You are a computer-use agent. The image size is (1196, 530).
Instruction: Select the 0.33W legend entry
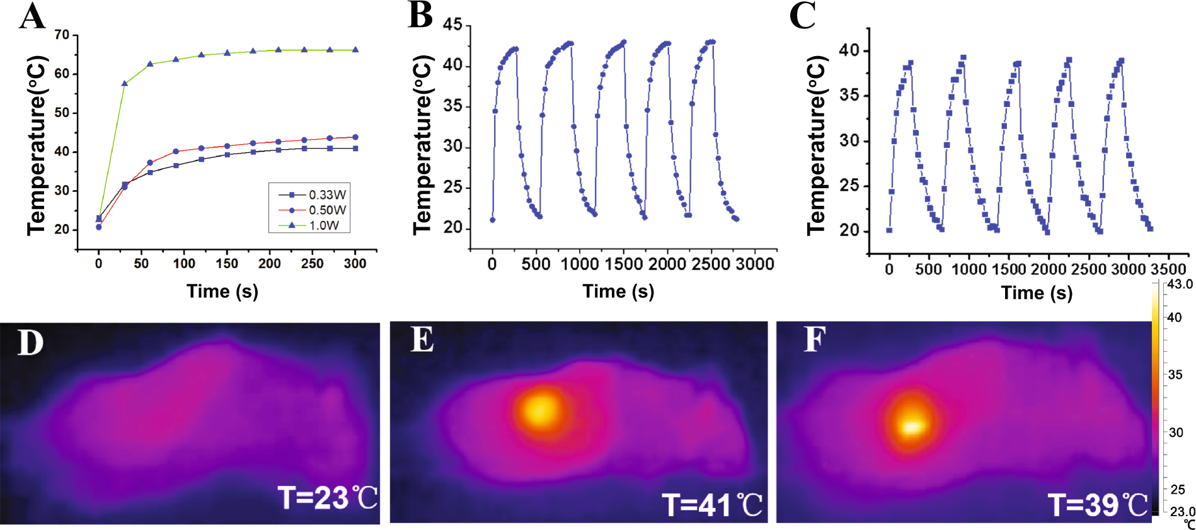tap(326, 195)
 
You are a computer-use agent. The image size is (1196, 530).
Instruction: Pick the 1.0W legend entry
tap(323, 225)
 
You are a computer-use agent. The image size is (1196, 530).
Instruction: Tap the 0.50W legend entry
tap(326, 210)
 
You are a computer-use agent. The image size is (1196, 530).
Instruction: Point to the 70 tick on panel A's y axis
tap(62, 35)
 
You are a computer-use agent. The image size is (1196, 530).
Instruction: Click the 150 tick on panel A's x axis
tap(227, 264)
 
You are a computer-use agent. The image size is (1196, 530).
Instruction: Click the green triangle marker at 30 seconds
tap(125, 83)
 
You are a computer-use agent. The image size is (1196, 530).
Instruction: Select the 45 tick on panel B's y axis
tap(452, 25)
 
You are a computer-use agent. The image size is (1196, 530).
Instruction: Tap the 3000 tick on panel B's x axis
tap(754, 264)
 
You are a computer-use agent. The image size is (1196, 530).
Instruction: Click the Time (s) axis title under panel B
tap(618, 291)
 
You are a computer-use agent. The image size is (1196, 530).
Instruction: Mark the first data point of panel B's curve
tap(493, 220)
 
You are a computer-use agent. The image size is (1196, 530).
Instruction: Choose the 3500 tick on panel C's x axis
tap(1168, 269)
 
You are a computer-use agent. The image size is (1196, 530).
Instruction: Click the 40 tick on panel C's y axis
tap(849, 50)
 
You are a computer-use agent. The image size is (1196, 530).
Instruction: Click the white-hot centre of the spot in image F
tap(912, 427)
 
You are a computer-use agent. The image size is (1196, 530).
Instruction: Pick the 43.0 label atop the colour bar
tap(1180, 285)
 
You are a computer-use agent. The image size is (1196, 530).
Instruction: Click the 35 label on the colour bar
tap(1175, 375)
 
